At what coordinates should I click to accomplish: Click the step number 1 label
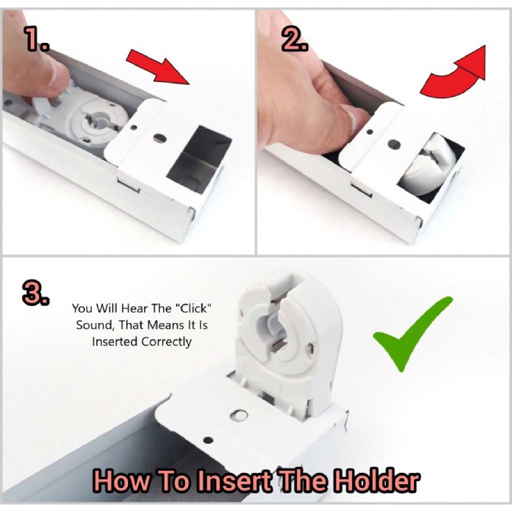(x=37, y=38)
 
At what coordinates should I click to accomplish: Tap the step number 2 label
(x=294, y=39)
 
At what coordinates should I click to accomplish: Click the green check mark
(x=412, y=333)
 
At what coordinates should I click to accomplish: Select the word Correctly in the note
(x=166, y=342)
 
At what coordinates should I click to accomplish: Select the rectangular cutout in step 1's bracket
(x=199, y=159)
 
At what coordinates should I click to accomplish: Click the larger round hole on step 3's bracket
(x=239, y=415)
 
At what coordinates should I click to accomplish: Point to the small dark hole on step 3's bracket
(x=208, y=440)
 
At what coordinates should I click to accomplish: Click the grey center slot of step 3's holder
(x=277, y=330)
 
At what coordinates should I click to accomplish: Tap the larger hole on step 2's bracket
(x=394, y=143)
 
